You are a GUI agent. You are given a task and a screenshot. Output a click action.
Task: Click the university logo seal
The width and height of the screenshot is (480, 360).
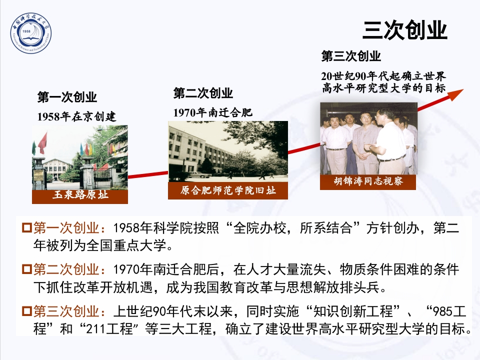point(31,34)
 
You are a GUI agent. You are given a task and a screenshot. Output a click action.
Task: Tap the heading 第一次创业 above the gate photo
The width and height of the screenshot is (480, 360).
point(67,97)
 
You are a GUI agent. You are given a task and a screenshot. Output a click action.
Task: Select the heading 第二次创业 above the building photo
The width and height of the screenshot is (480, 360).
point(203,93)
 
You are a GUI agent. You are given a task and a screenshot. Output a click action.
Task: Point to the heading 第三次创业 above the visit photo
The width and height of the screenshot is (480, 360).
point(351,55)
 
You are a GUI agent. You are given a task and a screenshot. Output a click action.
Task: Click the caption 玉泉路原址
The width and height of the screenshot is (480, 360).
point(80,195)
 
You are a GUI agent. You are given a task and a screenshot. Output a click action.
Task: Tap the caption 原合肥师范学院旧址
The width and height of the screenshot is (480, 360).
point(228,190)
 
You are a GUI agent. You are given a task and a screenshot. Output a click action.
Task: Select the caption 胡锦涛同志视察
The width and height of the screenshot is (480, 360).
point(368,181)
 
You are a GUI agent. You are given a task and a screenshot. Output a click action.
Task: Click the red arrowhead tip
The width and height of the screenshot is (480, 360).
point(460,91)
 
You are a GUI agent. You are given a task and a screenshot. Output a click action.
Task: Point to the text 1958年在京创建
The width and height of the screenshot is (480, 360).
point(76,117)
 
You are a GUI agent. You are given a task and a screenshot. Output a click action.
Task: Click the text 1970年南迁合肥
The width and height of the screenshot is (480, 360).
point(213,112)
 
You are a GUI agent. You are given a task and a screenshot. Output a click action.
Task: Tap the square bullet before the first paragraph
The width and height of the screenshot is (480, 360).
point(27,228)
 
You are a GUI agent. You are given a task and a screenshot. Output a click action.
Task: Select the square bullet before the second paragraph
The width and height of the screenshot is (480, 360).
point(27,270)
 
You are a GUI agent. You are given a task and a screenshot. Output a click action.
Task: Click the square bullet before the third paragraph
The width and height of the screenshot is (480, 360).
point(27,311)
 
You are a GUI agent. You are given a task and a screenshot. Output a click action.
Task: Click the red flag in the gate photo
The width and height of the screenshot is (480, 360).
point(43,142)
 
